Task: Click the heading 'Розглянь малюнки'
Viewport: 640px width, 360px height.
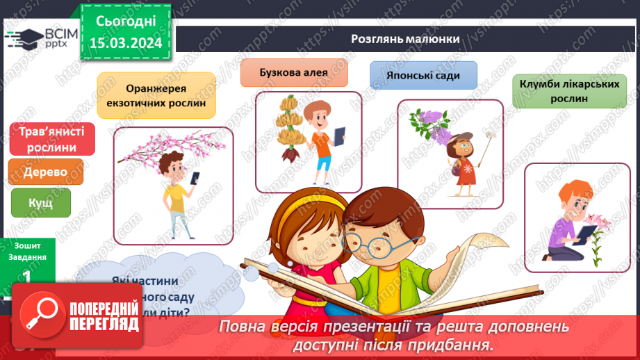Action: click(x=404, y=39)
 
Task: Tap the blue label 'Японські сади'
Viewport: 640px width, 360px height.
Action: click(x=424, y=75)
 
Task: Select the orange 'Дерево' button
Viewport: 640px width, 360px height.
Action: click(x=46, y=172)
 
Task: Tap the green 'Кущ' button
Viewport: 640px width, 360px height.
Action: click(x=40, y=203)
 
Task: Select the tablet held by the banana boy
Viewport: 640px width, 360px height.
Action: click(x=339, y=136)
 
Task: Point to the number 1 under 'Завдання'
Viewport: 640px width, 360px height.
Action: click(x=26, y=275)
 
